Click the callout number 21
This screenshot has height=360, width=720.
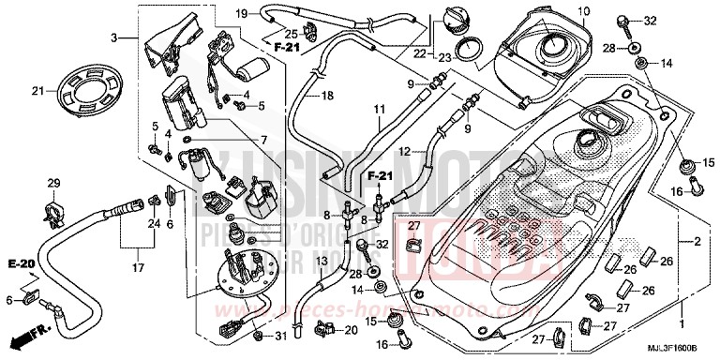tap(38, 91)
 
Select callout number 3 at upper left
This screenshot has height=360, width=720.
tap(115, 37)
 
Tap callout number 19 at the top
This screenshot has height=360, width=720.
tap(241, 13)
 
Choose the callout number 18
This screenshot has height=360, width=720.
tap(327, 96)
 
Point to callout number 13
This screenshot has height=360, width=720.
tap(320, 261)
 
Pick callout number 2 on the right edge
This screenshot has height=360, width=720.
tap(697, 243)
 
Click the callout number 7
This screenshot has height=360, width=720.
tap(264, 141)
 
